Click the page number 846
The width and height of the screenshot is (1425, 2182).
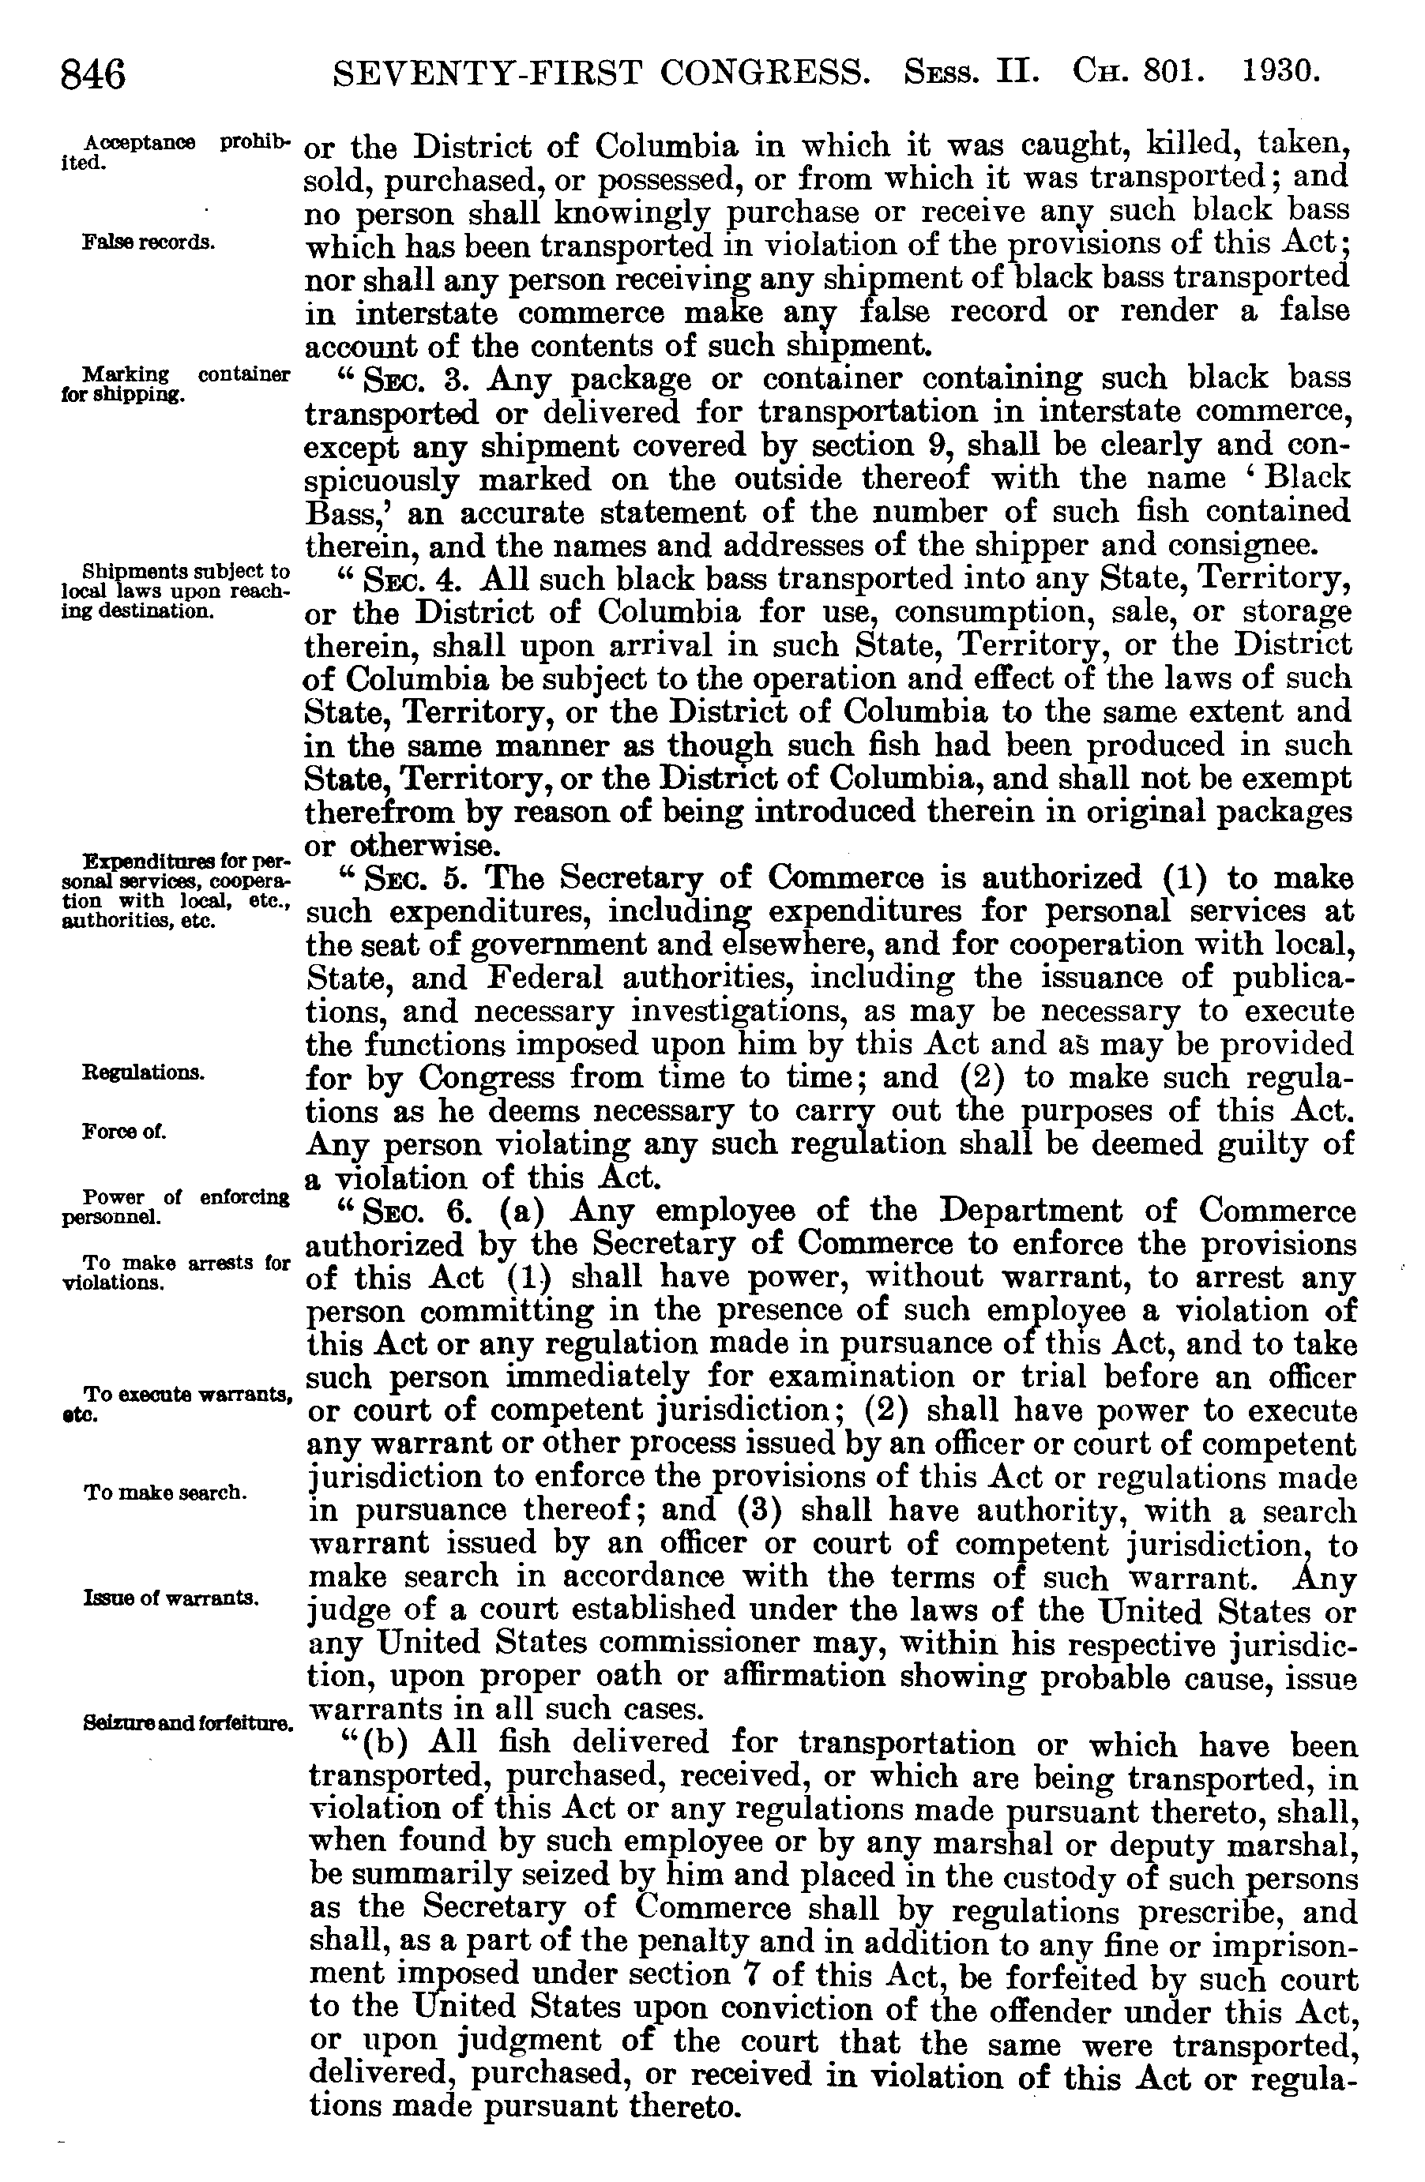pyautogui.click(x=92, y=73)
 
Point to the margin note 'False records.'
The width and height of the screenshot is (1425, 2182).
pyautogui.click(x=149, y=243)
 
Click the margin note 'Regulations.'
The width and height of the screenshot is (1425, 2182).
pyautogui.click(x=143, y=1072)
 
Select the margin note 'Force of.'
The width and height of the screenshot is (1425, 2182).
pyautogui.click(x=124, y=1132)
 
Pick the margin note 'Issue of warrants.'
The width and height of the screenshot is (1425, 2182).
pyautogui.click(x=171, y=1598)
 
